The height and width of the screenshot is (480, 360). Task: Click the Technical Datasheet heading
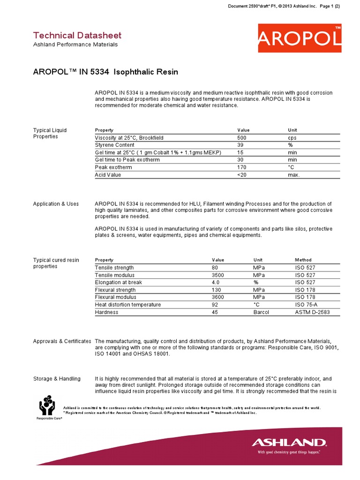coord(77,35)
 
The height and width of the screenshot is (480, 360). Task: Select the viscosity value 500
coord(242,138)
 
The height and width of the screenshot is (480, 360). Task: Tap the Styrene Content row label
coord(114,145)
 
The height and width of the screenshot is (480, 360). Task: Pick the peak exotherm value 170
coord(242,167)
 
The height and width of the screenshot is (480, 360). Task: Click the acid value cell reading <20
coord(242,175)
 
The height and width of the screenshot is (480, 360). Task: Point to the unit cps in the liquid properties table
coord(292,138)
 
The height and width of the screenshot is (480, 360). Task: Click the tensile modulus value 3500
coord(219,275)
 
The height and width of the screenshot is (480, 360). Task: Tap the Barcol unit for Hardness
coord(261,312)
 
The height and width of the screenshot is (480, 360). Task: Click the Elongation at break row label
coord(118,283)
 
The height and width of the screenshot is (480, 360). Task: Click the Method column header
coord(303,260)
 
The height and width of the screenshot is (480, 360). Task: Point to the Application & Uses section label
coord(56,204)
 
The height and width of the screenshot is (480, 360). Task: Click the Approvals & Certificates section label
coord(62,341)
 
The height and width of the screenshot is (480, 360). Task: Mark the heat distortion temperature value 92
coord(215,305)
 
